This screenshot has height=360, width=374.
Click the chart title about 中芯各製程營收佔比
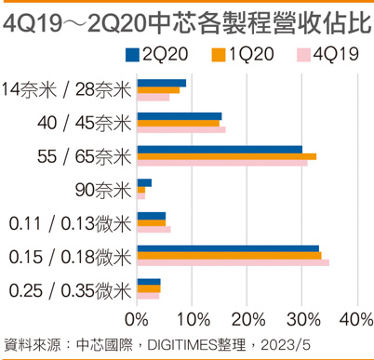click(x=186, y=20)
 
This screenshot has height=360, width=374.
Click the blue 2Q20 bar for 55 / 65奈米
click(x=220, y=149)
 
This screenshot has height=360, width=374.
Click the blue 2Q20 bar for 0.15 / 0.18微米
click(x=228, y=248)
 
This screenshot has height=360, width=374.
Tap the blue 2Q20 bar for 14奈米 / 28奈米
click(x=161, y=83)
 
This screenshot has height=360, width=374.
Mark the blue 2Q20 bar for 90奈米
click(x=144, y=182)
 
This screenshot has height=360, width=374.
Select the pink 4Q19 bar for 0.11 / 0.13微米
click(x=154, y=230)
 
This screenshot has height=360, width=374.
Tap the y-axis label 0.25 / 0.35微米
click(x=68, y=290)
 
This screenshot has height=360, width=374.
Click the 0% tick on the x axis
click(x=137, y=319)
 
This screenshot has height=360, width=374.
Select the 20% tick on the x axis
click(x=247, y=319)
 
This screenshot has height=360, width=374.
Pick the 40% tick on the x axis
click(x=354, y=319)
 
